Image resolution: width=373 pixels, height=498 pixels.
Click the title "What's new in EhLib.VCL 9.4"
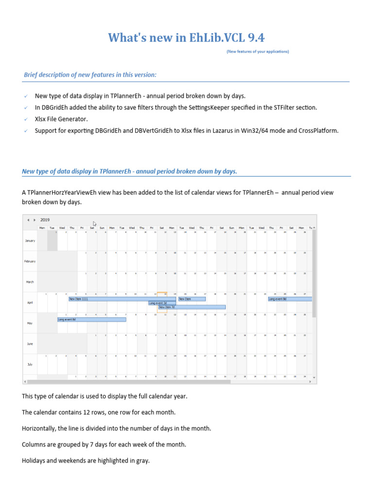tap(186, 37)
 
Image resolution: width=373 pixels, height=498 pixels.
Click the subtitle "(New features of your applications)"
tap(257, 51)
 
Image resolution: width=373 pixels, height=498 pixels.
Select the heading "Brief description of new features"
tap(90, 74)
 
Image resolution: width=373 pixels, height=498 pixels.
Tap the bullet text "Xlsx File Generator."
tap(62, 119)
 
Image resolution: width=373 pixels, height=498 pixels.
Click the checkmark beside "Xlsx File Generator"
tap(25, 119)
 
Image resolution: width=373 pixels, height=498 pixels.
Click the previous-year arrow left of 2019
tap(28, 220)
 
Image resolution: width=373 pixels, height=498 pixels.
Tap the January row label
tap(30, 241)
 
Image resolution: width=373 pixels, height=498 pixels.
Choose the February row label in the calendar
tap(30, 261)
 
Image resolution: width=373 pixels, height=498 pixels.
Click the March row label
tap(30, 282)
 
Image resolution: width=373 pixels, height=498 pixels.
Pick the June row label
tap(30, 343)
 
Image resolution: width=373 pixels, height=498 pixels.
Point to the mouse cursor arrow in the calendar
tap(95, 224)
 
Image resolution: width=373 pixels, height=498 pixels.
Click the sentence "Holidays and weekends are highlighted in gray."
tap(85, 461)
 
